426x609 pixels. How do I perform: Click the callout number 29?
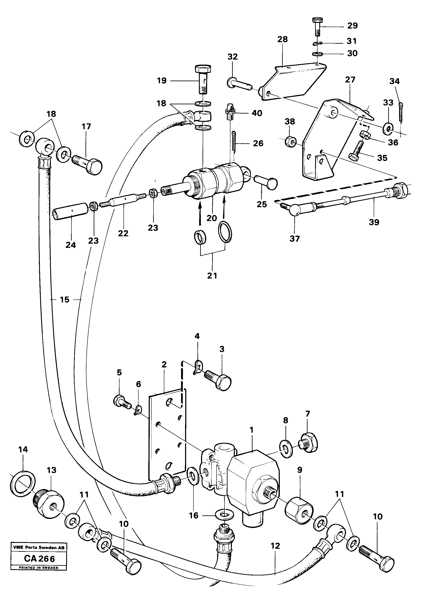[352, 26]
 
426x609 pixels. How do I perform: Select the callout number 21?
[212, 276]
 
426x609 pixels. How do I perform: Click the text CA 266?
[39, 559]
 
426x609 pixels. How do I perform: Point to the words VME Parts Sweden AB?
[38, 547]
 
